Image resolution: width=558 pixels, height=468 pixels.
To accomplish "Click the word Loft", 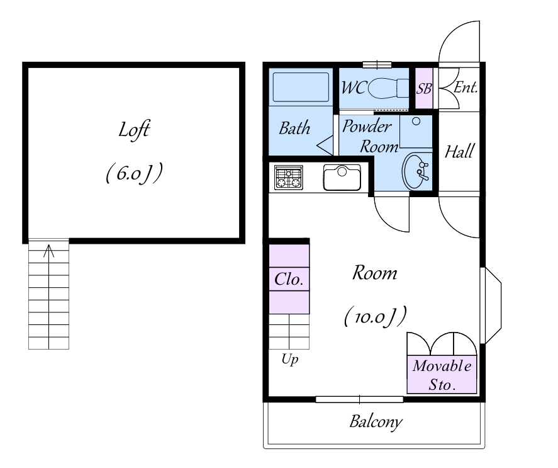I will [x=133, y=130].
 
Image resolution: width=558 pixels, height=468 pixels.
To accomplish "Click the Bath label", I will [x=294, y=128].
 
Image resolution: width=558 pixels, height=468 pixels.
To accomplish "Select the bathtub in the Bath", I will [x=301, y=88].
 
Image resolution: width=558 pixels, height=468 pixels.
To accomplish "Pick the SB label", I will [x=424, y=88].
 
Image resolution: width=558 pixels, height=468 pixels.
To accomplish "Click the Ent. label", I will [x=466, y=88].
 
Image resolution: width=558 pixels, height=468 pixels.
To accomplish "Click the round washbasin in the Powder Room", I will [x=416, y=171].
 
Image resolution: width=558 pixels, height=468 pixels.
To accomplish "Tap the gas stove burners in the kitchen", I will [x=288, y=177].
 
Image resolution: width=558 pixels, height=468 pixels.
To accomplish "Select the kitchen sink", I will [x=342, y=177].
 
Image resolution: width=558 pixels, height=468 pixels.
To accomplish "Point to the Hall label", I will [x=459, y=152].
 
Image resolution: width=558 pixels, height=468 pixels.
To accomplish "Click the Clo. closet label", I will [x=289, y=278].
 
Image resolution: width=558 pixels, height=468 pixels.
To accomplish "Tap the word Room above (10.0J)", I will [x=374, y=273].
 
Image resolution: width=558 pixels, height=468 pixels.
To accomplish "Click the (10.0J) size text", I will [x=374, y=315].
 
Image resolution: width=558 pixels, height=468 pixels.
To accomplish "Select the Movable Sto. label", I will [x=442, y=375].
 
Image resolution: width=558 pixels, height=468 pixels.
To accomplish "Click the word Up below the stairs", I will [x=289, y=360].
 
